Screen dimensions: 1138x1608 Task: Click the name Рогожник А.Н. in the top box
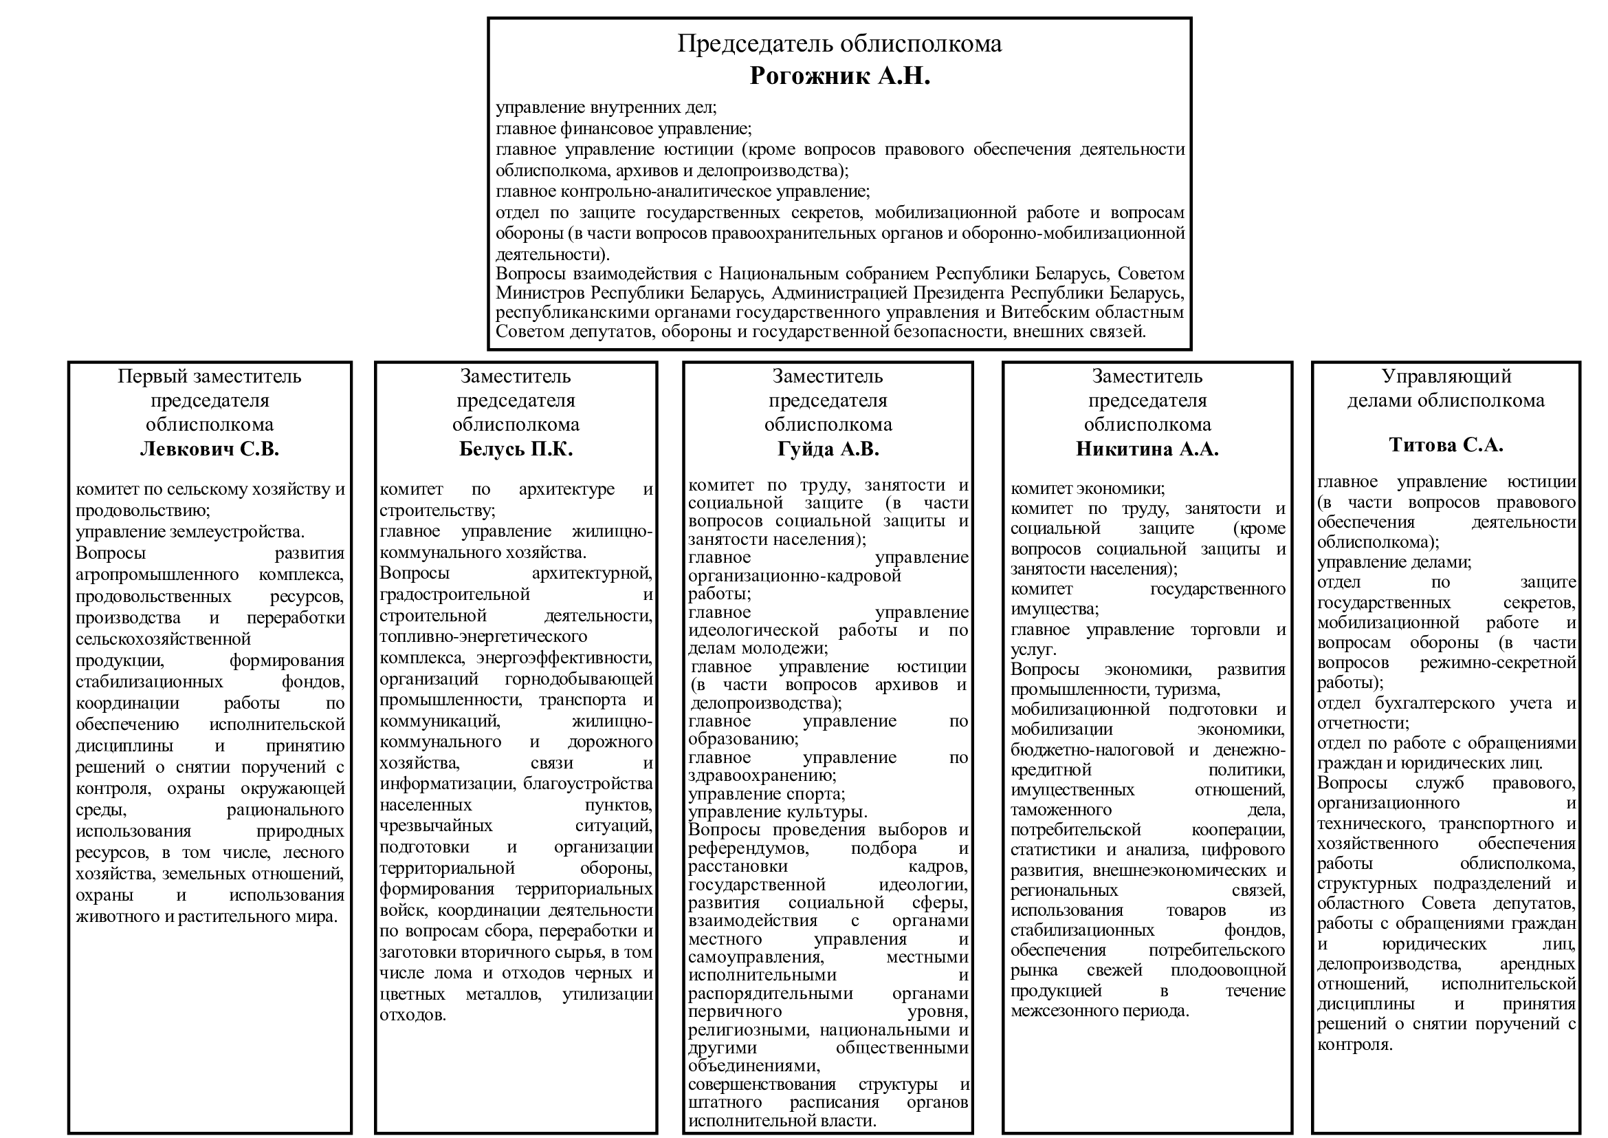pyautogui.click(x=839, y=76)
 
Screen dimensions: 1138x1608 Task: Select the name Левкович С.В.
pyautogui.click(x=210, y=449)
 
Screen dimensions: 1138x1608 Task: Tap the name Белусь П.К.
pyautogui.click(x=516, y=449)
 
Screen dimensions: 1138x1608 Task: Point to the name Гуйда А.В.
pyautogui.click(x=828, y=449)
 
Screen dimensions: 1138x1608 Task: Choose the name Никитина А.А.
pyautogui.click(x=1147, y=449)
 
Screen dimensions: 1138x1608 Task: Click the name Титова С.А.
pyautogui.click(x=1446, y=445)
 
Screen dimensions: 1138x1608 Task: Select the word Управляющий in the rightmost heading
pyautogui.click(x=1446, y=376)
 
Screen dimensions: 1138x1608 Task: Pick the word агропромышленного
pyautogui.click(x=157, y=575)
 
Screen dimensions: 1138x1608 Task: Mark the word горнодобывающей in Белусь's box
pyautogui.click(x=578, y=678)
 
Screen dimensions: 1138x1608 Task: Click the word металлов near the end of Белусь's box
pyautogui.click(x=503, y=994)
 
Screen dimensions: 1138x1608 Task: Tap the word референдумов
pyautogui.click(x=747, y=848)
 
